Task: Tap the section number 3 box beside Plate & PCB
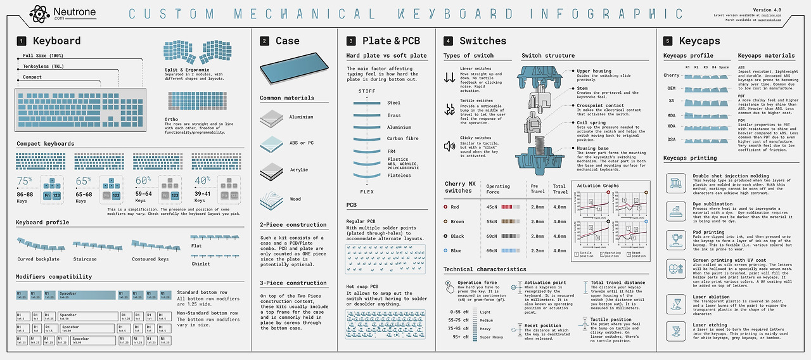click(351, 41)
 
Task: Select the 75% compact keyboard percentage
click(24, 181)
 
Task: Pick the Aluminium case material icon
click(271, 118)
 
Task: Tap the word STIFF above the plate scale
click(367, 91)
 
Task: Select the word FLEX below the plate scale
click(367, 191)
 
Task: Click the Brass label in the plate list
click(394, 115)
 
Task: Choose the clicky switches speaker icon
click(450, 146)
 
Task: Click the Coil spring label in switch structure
click(591, 123)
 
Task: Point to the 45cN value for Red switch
click(492, 207)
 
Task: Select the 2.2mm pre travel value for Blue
click(537, 250)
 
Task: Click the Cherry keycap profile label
click(671, 75)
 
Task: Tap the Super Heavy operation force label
click(492, 337)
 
